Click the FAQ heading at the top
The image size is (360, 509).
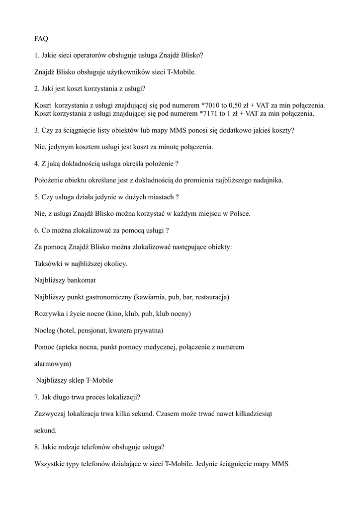[x=41, y=39]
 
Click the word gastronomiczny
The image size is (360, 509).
[x=108, y=297]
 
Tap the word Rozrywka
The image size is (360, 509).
[x=49, y=314]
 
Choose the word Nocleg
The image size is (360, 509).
[x=44, y=331]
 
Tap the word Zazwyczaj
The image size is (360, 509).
[x=51, y=414]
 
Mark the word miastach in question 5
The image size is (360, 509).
[x=157, y=197]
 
